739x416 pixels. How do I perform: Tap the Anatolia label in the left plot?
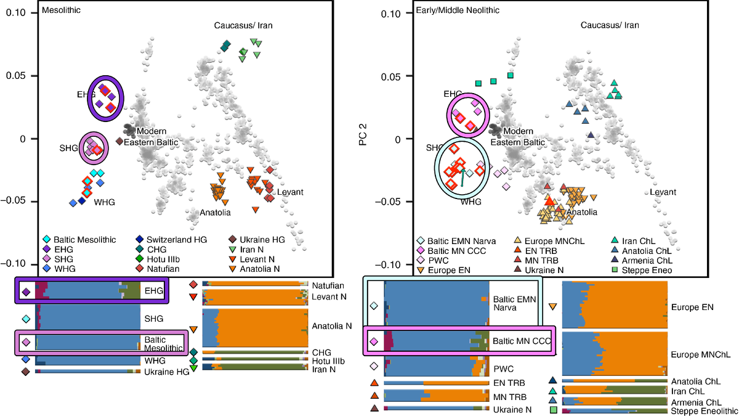tap(215, 213)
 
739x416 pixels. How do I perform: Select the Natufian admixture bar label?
tap(327, 285)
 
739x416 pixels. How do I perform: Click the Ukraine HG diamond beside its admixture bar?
tap(26, 372)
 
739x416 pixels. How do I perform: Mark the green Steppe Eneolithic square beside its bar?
tap(553, 410)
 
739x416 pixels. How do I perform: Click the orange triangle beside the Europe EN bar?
tap(553, 306)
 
